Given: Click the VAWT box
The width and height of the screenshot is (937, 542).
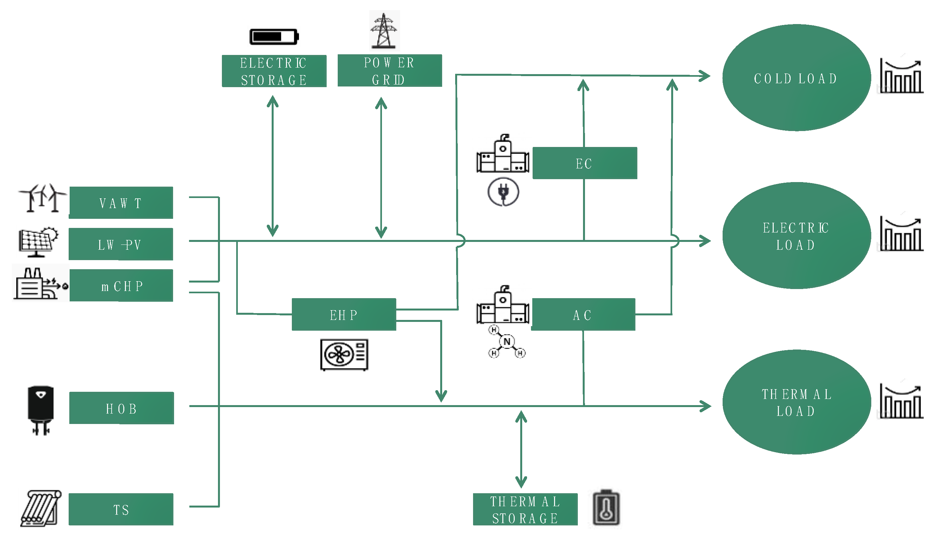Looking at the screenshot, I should coord(121,203).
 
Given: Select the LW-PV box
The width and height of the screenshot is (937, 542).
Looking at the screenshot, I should coord(121,244).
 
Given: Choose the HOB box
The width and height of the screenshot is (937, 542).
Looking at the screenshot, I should coord(121,408).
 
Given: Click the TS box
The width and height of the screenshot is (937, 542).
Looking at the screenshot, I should coord(121,509).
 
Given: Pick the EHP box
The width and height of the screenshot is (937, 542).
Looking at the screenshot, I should coord(344,314).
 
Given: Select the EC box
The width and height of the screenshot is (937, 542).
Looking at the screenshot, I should coord(585,163).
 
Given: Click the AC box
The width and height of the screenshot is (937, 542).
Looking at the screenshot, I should coord(583,314).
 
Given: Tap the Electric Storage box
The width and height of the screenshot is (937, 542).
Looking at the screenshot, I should coord(274,71).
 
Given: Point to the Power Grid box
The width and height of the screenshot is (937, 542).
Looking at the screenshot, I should coord(390,71).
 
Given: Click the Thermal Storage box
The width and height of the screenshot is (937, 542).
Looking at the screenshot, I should coord(525,509).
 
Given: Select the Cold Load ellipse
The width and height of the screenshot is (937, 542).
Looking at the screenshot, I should coord(796,78).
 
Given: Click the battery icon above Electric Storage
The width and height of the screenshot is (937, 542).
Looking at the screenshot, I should coord(274,37).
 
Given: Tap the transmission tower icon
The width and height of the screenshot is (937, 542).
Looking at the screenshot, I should coord(384,31).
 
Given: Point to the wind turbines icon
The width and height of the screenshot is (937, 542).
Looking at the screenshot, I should coord(42,198).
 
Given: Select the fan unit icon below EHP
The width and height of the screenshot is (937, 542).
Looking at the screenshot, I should coord(344,354).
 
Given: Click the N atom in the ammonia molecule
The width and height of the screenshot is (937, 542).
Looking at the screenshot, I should coord(507,342).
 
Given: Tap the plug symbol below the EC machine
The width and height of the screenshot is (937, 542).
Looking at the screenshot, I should coord(503,192).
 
